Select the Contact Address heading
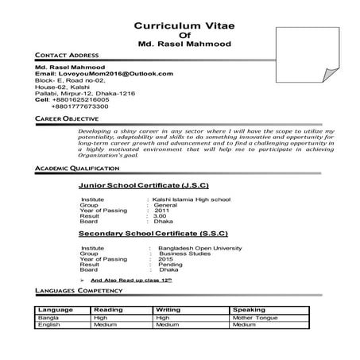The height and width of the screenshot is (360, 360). click(x=64, y=54)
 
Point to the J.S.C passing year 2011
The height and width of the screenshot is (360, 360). click(x=162, y=210)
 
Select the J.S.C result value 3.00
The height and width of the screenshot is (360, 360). click(x=161, y=215)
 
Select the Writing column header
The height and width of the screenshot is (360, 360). click(x=168, y=309)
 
